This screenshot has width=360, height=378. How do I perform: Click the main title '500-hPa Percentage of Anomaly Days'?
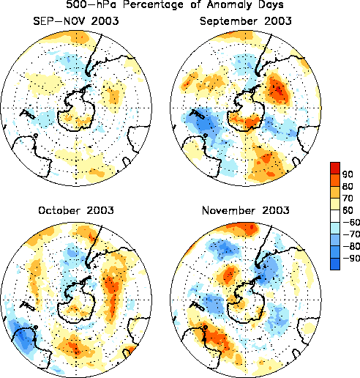(x=175, y=4)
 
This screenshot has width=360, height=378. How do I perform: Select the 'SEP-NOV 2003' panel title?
(x=76, y=21)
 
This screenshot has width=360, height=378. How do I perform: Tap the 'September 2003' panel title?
(x=246, y=21)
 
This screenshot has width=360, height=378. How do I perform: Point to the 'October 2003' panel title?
(x=76, y=210)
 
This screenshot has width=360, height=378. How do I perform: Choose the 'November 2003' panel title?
(x=246, y=210)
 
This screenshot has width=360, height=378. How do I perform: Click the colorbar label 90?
(x=348, y=174)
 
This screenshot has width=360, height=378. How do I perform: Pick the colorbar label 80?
(x=348, y=186)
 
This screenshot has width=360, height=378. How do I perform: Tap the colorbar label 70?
(x=348, y=199)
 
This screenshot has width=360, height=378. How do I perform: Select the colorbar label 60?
(x=348, y=210)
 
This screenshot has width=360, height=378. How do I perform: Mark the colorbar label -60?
(x=351, y=222)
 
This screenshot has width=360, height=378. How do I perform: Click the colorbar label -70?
(x=351, y=234)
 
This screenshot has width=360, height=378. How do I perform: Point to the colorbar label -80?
(x=351, y=246)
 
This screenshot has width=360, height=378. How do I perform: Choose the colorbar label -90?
(x=351, y=258)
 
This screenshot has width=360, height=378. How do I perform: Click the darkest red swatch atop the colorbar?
(x=335, y=168)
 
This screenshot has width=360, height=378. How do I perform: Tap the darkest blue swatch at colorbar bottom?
(x=335, y=264)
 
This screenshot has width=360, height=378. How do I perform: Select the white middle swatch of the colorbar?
(x=335, y=216)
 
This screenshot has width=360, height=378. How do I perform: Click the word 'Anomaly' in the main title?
(x=229, y=5)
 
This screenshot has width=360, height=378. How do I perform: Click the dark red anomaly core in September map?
(x=278, y=90)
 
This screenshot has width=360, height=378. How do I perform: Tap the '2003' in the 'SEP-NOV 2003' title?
(x=105, y=21)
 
